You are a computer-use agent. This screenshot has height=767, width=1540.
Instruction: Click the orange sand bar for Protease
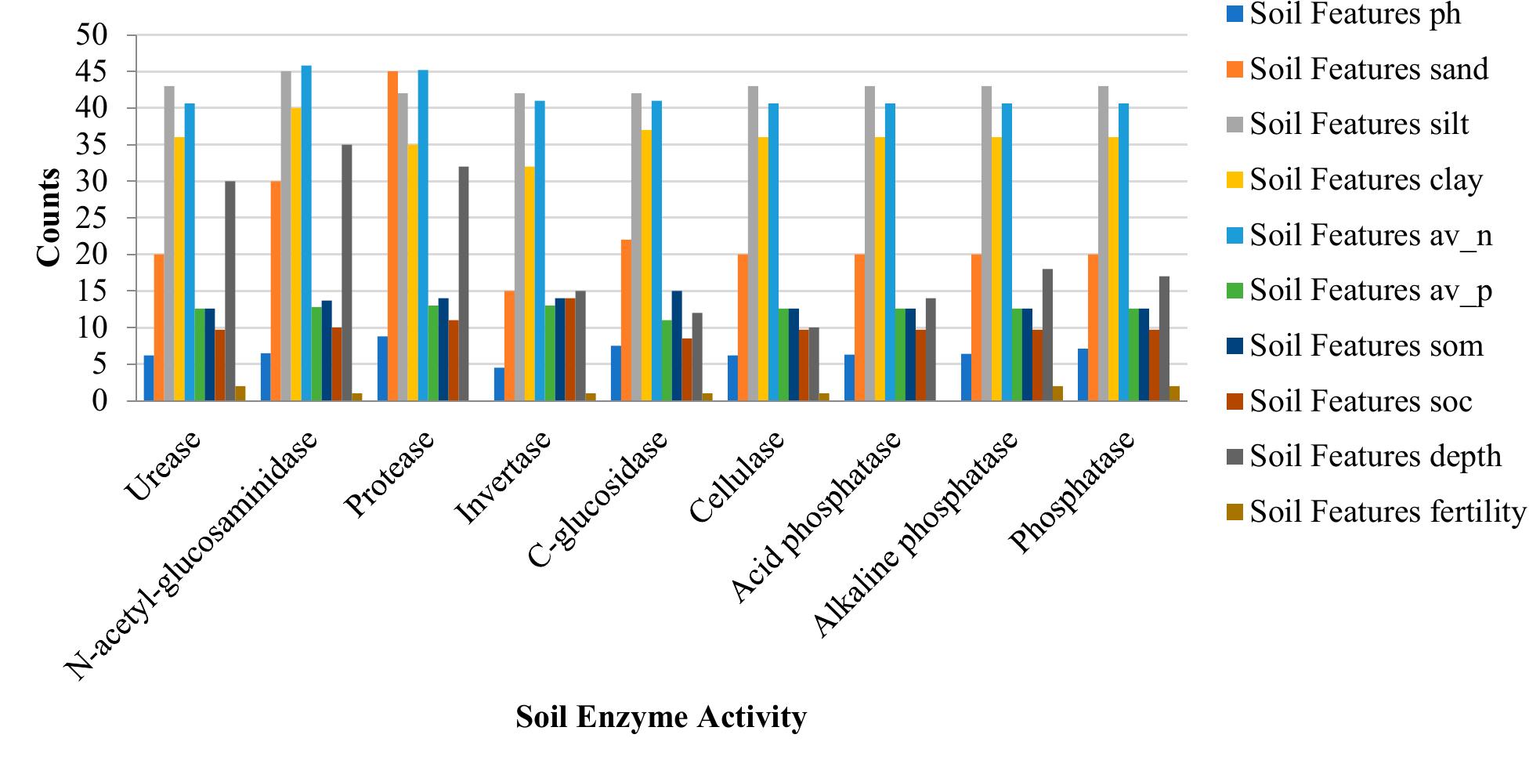pyautogui.click(x=392, y=236)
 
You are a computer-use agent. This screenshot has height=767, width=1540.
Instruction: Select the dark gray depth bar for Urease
pyautogui.click(x=230, y=291)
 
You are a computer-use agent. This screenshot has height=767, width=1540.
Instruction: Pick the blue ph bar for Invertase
pyautogui.click(x=499, y=384)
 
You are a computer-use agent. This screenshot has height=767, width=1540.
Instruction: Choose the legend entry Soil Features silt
pyautogui.click(x=1359, y=125)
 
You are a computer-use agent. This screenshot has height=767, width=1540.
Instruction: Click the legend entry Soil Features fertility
pyautogui.click(x=1387, y=512)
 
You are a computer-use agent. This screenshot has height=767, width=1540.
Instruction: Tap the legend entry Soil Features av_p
pyautogui.click(x=1371, y=291)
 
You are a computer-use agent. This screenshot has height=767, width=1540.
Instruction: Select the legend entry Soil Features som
pyautogui.click(x=1366, y=346)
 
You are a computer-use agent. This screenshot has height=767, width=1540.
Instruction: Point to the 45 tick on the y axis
pyautogui.click(x=92, y=72)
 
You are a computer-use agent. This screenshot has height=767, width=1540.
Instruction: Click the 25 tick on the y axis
pyautogui.click(x=92, y=218)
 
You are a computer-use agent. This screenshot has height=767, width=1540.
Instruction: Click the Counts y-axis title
pyautogui.click(x=49, y=217)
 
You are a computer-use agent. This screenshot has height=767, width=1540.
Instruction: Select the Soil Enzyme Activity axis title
pyautogui.click(x=660, y=718)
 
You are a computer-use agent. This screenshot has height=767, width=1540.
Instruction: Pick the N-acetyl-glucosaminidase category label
pyautogui.click(x=192, y=556)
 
